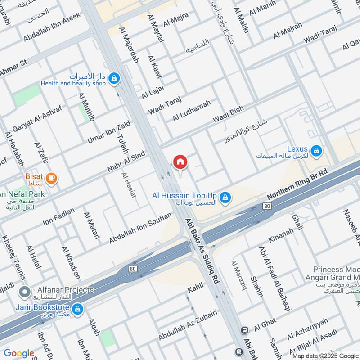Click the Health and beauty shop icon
pos(115,78)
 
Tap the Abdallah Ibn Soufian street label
pos(140,228)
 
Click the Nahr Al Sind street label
pos(126,162)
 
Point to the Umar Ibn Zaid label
pos(109,132)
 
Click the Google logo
pos(19,353)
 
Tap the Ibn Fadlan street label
pos(58,217)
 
